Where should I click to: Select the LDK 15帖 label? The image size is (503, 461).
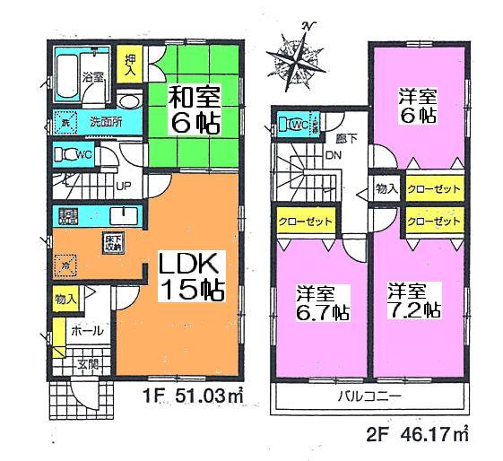click(190, 276)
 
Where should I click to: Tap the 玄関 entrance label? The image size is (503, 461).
click(88, 363)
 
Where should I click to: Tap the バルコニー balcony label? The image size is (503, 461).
click(369, 395)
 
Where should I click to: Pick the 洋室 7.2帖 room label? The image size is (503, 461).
click(413, 300)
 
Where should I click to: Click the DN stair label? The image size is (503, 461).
click(333, 153)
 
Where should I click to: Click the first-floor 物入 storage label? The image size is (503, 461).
click(65, 298)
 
